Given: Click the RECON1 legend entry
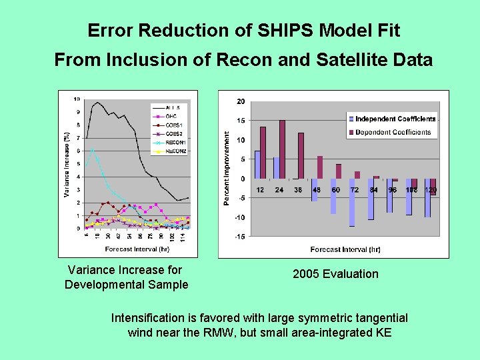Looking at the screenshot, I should pos(175,142).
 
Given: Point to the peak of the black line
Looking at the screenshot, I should pos(98,102).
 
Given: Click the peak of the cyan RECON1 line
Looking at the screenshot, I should pos(93,149).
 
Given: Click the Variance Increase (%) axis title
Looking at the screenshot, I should pos(67,164).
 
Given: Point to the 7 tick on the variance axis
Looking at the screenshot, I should pos(78,138).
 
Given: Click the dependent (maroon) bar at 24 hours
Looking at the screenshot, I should pos(282,149).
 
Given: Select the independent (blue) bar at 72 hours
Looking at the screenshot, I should pos(351,203).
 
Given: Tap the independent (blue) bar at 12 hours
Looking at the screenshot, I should pos(257,165).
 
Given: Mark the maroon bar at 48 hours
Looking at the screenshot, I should pos(320,167).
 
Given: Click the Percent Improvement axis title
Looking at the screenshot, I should pos(227,168).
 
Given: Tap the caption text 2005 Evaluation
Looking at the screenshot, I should pos(335,274).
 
